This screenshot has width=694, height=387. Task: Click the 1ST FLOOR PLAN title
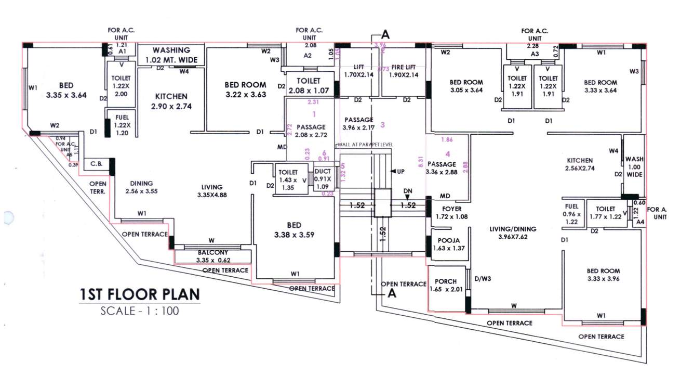click(139, 295)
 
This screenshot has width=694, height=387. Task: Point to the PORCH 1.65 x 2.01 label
click(446, 286)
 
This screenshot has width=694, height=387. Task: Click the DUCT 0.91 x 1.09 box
click(323, 178)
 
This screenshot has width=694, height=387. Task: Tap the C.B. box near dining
click(97, 164)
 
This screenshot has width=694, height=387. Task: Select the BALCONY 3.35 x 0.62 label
click(213, 256)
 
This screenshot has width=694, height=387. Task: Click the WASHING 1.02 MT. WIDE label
click(171, 55)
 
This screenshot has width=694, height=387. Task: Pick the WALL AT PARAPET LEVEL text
click(365, 144)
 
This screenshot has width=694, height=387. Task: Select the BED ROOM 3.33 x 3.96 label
click(603, 275)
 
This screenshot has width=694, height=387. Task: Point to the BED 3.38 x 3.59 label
click(294, 230)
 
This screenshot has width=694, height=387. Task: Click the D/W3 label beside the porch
click(483, 279)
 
